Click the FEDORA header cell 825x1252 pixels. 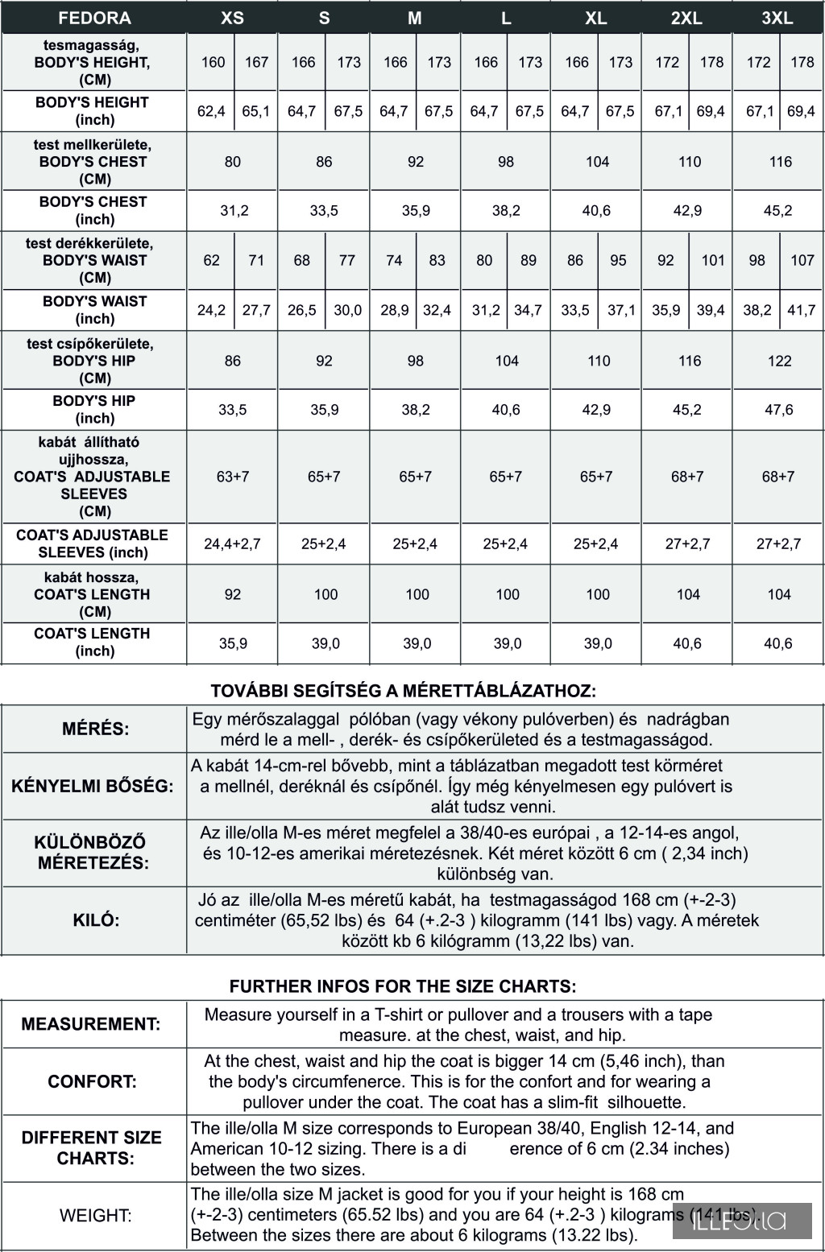pos(94,18)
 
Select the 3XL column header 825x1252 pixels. pos(777,18)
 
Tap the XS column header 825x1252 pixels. pos(232,18)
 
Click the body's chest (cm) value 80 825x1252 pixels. pos(233,162)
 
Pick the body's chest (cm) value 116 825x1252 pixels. pos(780,162)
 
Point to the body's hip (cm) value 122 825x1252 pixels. pos(779,361)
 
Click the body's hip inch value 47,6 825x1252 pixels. pos(779,410)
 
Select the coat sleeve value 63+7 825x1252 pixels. pos(233,477)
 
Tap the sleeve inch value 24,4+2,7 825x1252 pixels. pos(232,543)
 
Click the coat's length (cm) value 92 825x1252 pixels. pos(233,594)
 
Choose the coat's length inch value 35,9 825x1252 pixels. pos(233,643)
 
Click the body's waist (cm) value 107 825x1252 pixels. pos(802,260)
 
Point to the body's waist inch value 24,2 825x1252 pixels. pos(211,310)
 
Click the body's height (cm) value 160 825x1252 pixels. pos(213,62)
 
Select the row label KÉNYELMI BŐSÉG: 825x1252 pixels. pos(93,787)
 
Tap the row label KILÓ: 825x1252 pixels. pos(96,920)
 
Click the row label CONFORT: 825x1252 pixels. pos(93,1081)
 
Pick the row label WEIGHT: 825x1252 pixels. pos(96,1215)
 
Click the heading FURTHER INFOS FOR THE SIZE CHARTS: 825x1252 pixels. pos(403,986)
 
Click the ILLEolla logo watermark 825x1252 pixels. pos(741,1221)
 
